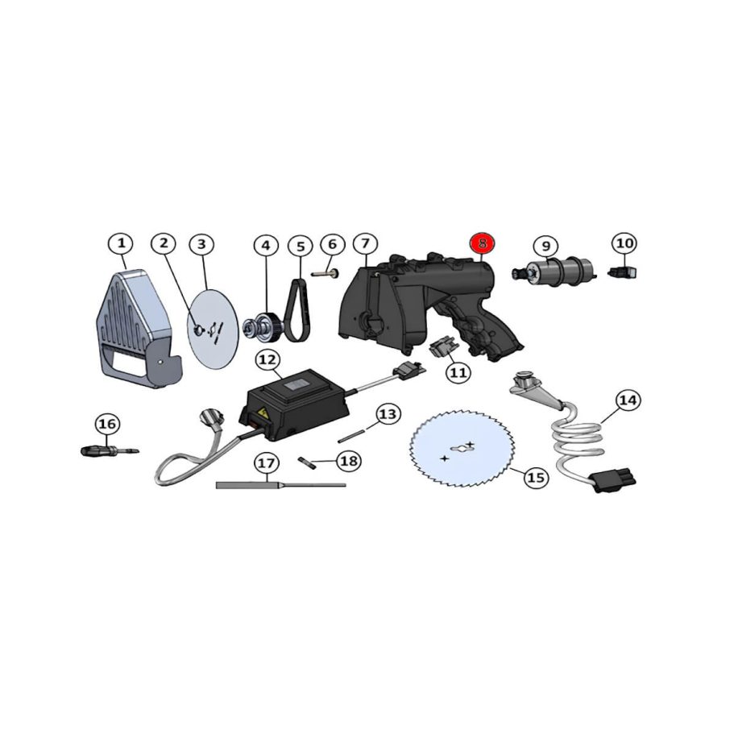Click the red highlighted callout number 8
pyautogui.click(x=483, y=243)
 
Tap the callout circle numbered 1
pyautogui.click(x=120, y=243)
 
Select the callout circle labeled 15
pyautogui.click(x=535, y=477)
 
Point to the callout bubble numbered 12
pyautogui.click(x=267, y=358)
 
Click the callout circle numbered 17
pyautogui.click(x=267, y=463)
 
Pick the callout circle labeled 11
pyautogui.click(x=458, y=372)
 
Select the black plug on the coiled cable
pyautogui.click(x=614, y=479)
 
